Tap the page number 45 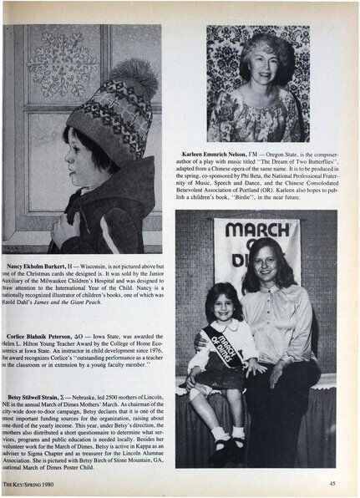(x=332, y=483)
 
